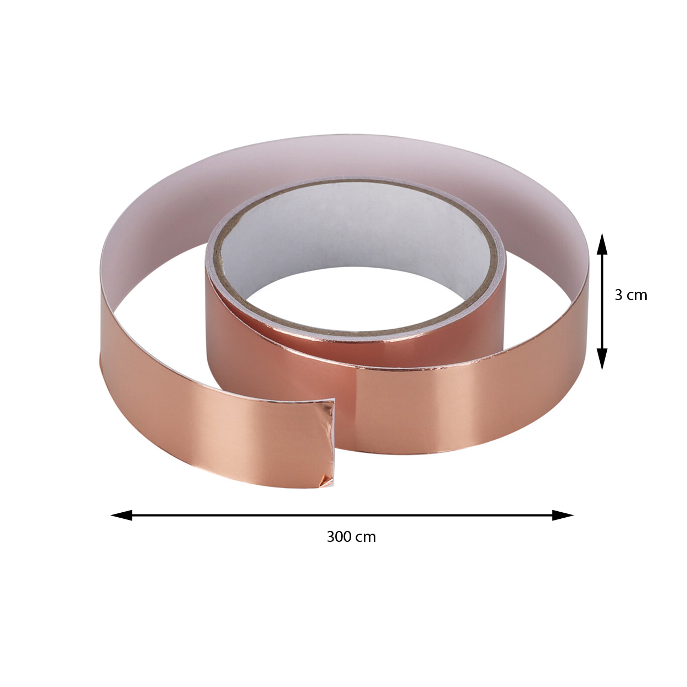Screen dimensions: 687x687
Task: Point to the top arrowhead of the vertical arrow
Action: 602,245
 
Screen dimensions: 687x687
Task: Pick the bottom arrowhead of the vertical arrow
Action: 602,359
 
